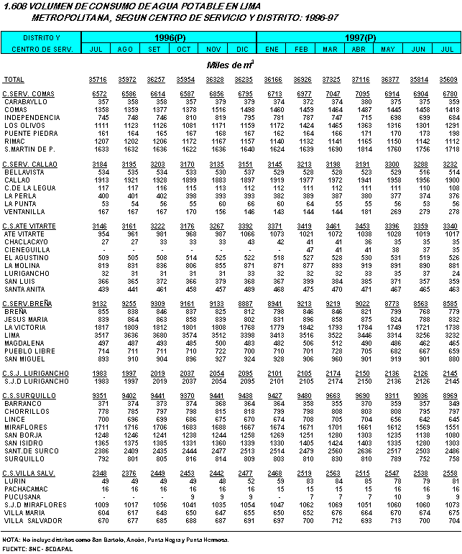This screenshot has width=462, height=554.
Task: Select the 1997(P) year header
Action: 361,37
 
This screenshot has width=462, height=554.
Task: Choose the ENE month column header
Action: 272,49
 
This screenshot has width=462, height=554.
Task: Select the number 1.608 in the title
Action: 15,6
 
